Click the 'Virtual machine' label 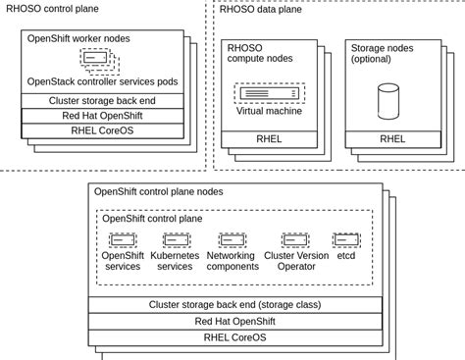(x=269, y=111)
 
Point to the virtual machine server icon (x=269, y=93)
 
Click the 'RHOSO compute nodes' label (x=260, y=54)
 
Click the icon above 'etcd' (x=346, y=239)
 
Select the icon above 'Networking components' (x=232, y=239)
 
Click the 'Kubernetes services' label (x=175, y=261)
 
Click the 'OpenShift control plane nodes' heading (x=159, y=191)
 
